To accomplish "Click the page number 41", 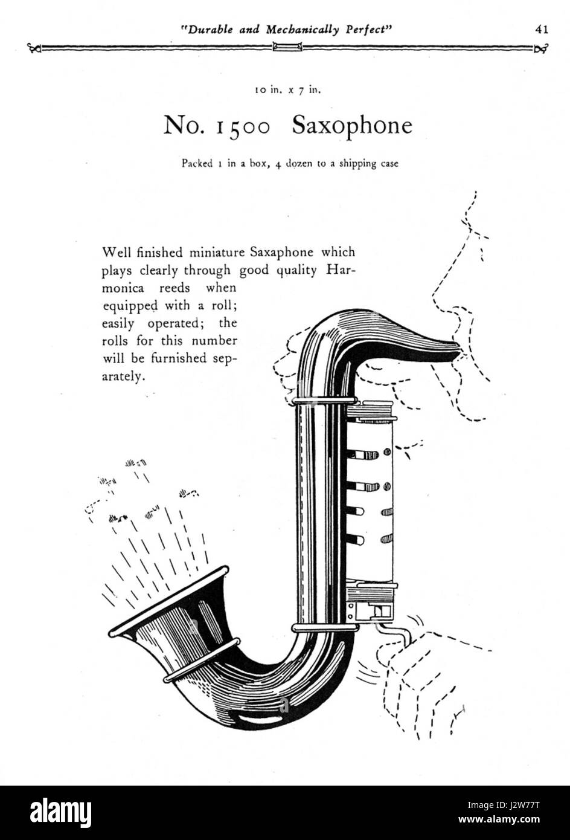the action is tap(541, 29).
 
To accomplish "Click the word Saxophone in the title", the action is tap(352, 125).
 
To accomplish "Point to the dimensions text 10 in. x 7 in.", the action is tap(288, 91).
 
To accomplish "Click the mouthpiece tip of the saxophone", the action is tap(458, 349).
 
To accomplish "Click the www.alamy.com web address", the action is tap(499, 819).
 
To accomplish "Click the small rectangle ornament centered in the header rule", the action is tap(287, 47).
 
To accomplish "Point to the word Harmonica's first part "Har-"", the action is tap(341, 270).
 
